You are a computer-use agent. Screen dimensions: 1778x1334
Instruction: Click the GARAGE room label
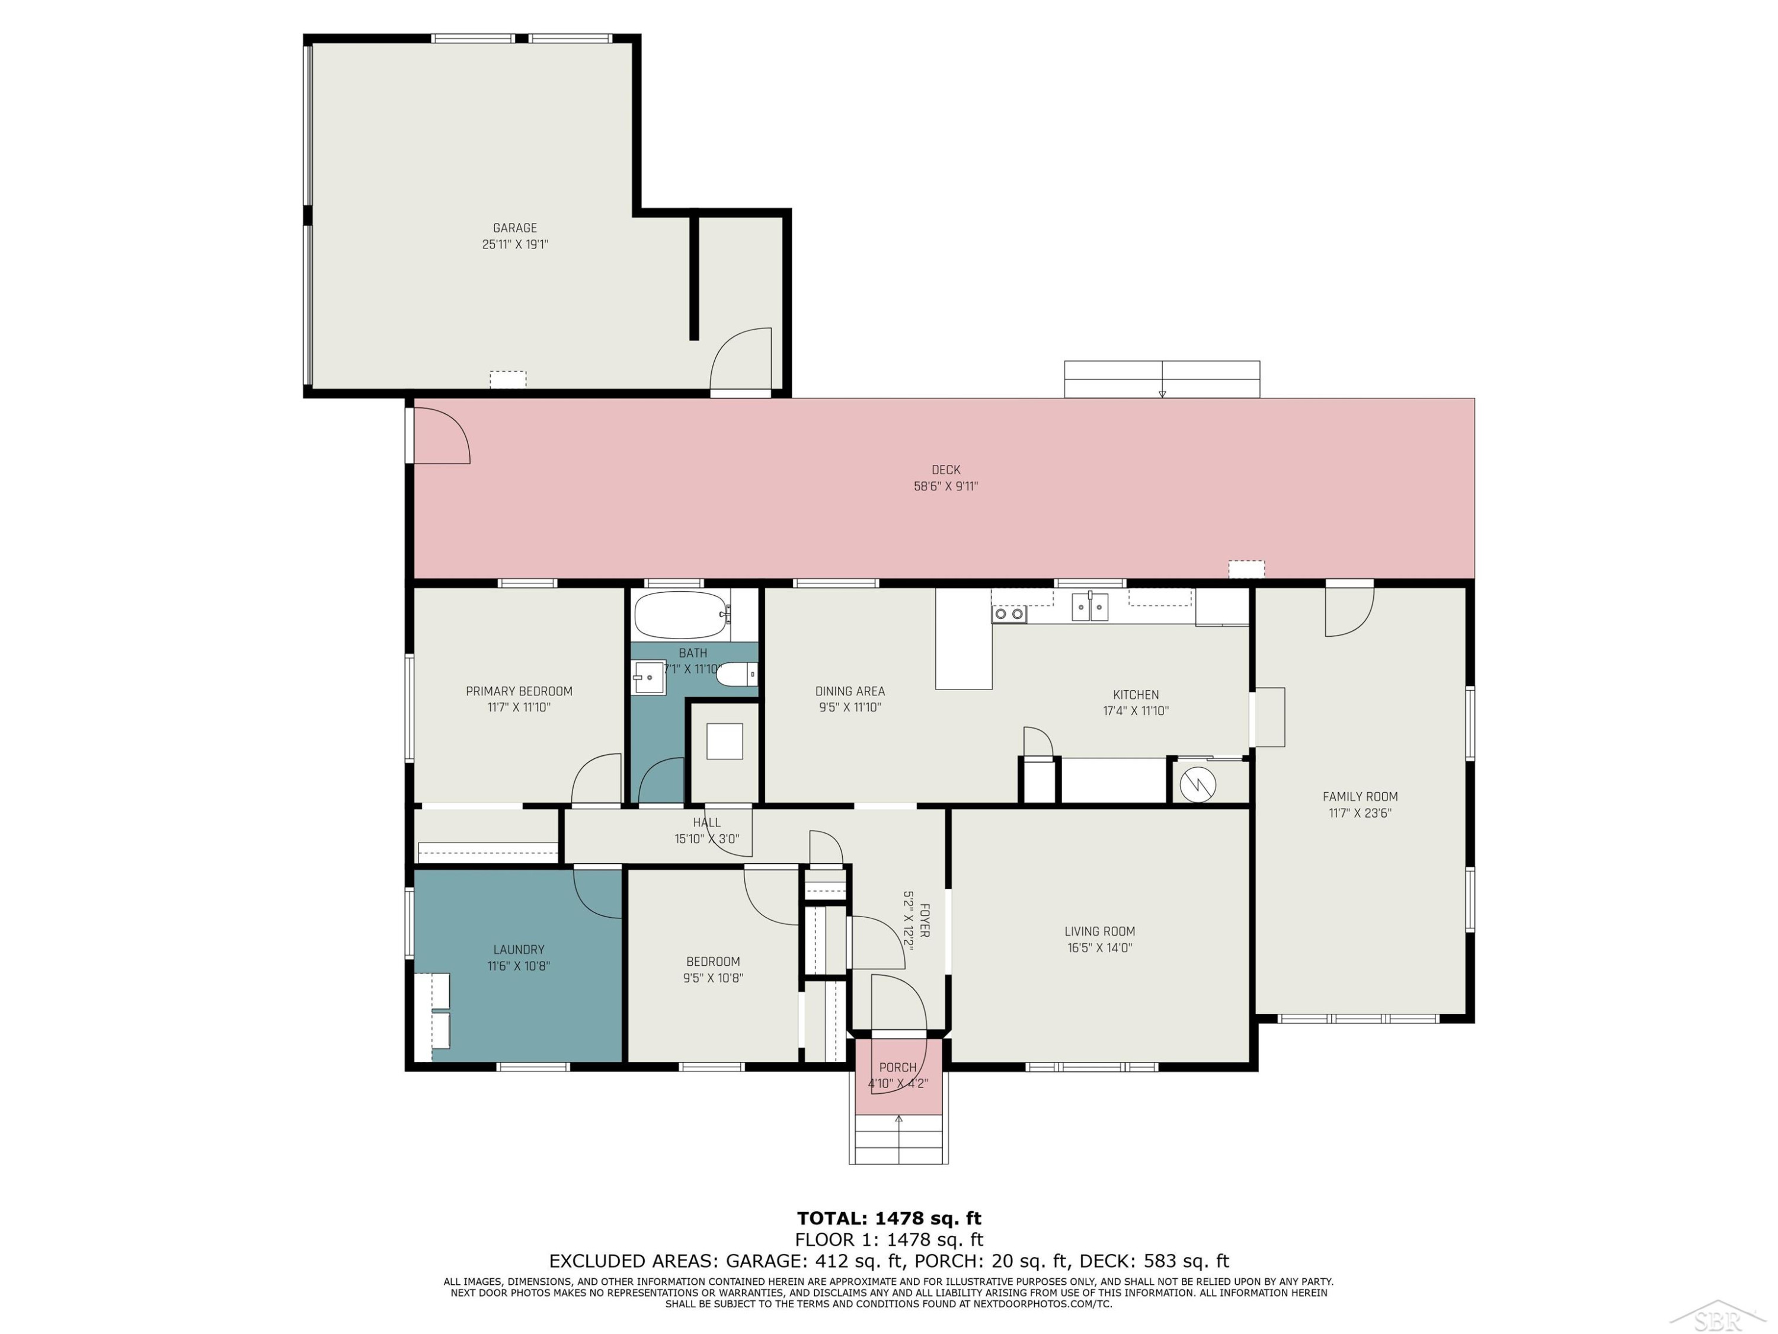[x=515, y=228]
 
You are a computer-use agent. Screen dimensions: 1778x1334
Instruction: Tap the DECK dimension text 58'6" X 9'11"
[x=946, y=487]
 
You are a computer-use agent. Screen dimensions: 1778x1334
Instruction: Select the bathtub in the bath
[x=682, y=615]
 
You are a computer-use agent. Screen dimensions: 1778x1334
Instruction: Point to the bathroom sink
[x=648, y=677]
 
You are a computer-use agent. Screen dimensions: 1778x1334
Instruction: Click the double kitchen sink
[x=1090, y=607]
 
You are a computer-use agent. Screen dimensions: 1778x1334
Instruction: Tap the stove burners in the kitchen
[x=1009, y=614]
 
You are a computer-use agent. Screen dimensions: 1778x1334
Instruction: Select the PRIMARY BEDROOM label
[x=519, y=691]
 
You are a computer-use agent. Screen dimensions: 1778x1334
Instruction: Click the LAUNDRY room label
[x=519, y=950]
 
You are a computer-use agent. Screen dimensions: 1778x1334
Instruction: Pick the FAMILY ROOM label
[x=1360, y=797]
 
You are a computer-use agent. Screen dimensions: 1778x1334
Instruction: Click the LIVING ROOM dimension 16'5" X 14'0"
[x=1099, y=948]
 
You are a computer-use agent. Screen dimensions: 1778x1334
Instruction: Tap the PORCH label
[x=898, y=1068]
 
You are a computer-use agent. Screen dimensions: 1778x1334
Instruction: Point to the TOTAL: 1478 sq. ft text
[x=889, y=1219]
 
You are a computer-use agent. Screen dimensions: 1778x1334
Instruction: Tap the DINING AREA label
[x=850, y=691]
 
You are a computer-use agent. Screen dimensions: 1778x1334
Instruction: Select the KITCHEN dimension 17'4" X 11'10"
[x=1136, y=711]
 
